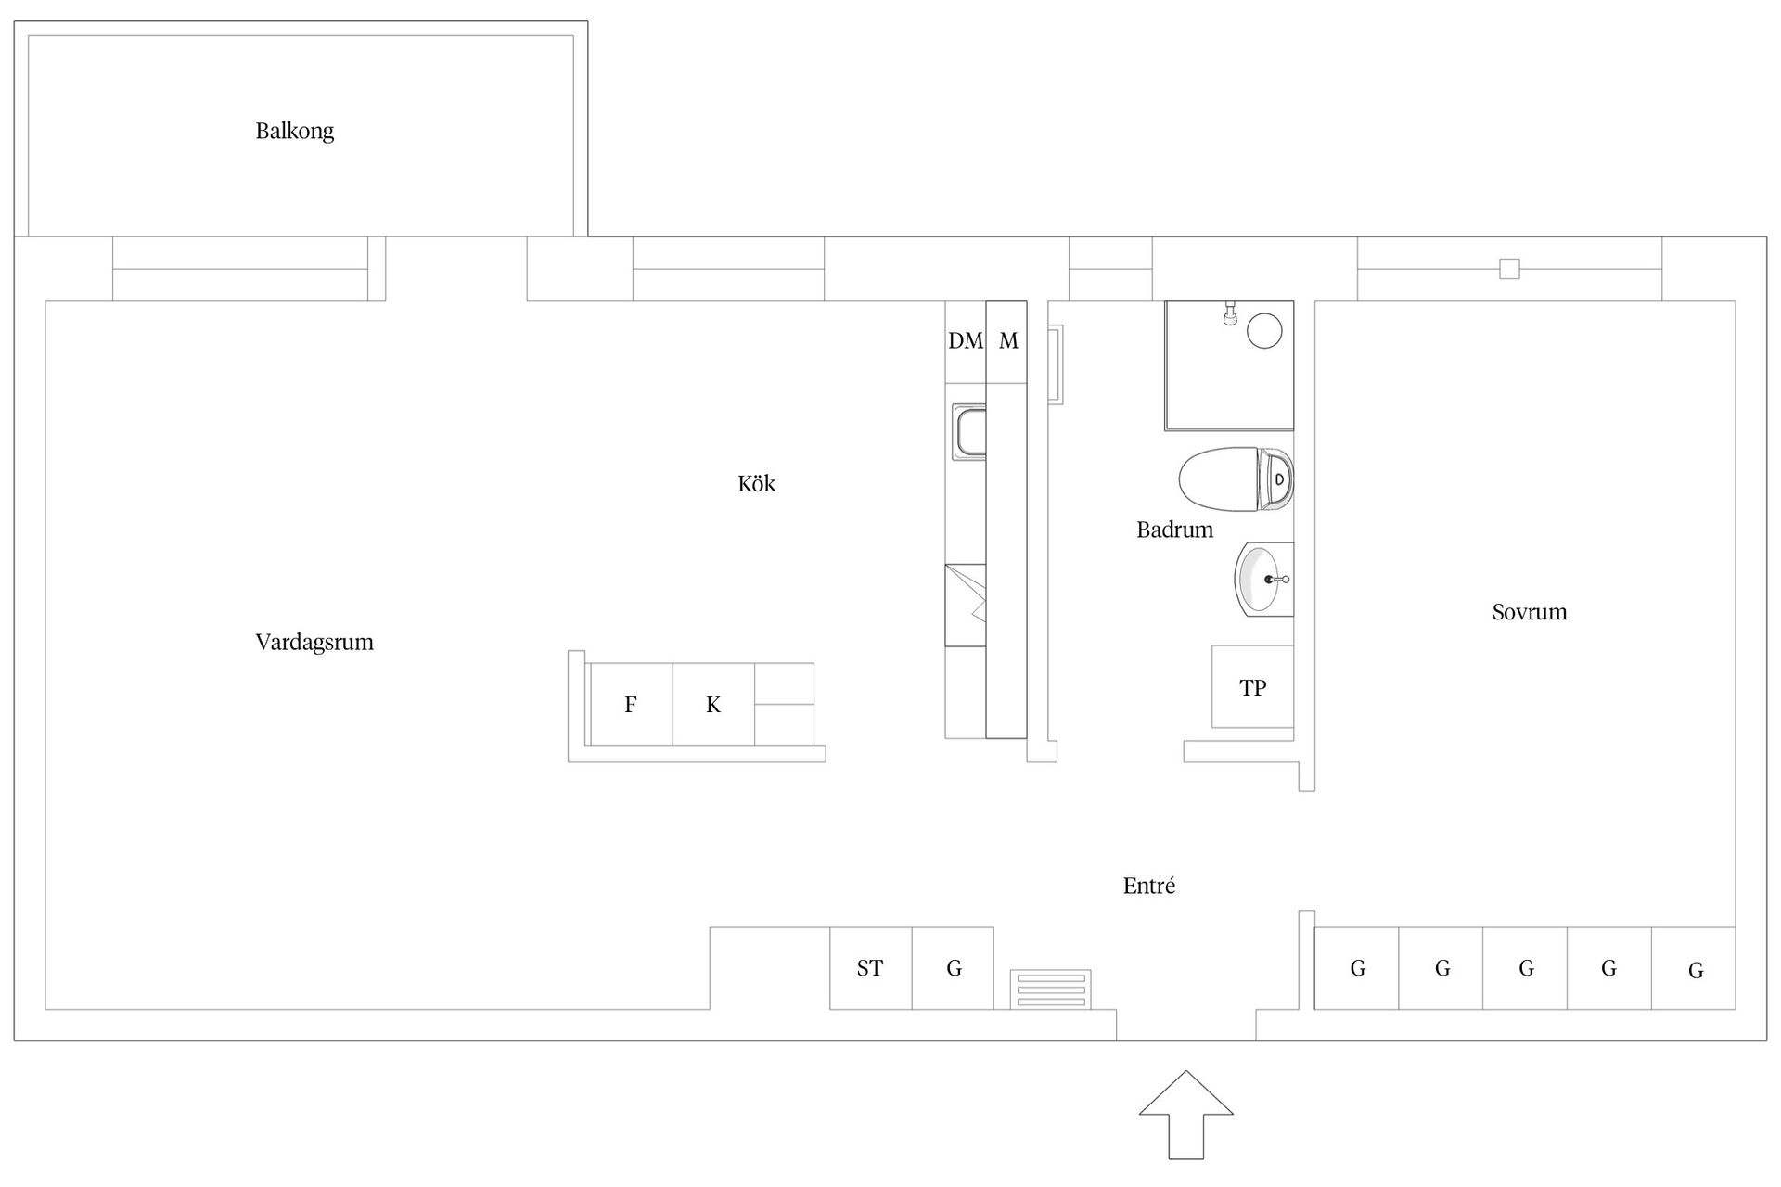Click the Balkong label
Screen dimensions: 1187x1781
pyautogui.click(x=294, y=131)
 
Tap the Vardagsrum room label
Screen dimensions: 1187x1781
pyautogui.click(x=314, y=642)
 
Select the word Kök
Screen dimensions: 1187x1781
pyautogui.click(x=756, y=483)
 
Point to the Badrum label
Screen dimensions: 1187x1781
pyautogui.click(x=1174, y=530)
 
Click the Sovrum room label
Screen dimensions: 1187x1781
pyautogui.click(x=1529, y=611)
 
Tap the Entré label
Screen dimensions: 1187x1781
pyautogui.click(x=1148, y=886)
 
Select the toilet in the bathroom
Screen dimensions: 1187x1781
pyautogui.click(x=1234, y=479)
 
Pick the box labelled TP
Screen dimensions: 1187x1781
pyautogui.click(x=1252, y=687)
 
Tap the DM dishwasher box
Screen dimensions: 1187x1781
pyautogui.click(x=965, y=341)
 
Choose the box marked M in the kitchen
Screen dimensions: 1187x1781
pyautogui.click(x=1007, y=341)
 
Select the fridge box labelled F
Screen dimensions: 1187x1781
pyautogui.click(x=631, y=705)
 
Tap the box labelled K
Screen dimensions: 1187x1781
pyautogui.click(x=713, y=705)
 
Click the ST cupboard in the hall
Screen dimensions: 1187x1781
pyautogui.click(x=870, y=968)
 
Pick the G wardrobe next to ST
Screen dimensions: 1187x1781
pyautogui.click(x=954, y=968)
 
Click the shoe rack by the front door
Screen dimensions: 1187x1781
pyautogui.click(x=1050, y=989)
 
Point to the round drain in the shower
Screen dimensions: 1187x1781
pyautogui.click(x=1263, y=330)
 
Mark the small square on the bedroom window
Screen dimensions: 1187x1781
pyautogui.click(x=1509, y=269)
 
